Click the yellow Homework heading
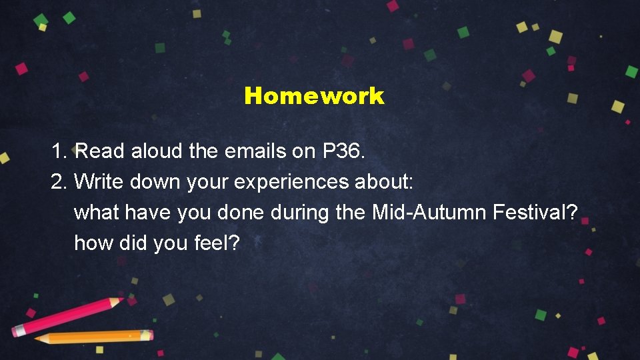click(314, 96)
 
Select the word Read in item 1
click(100, 151)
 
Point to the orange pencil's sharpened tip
click(39, 339)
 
